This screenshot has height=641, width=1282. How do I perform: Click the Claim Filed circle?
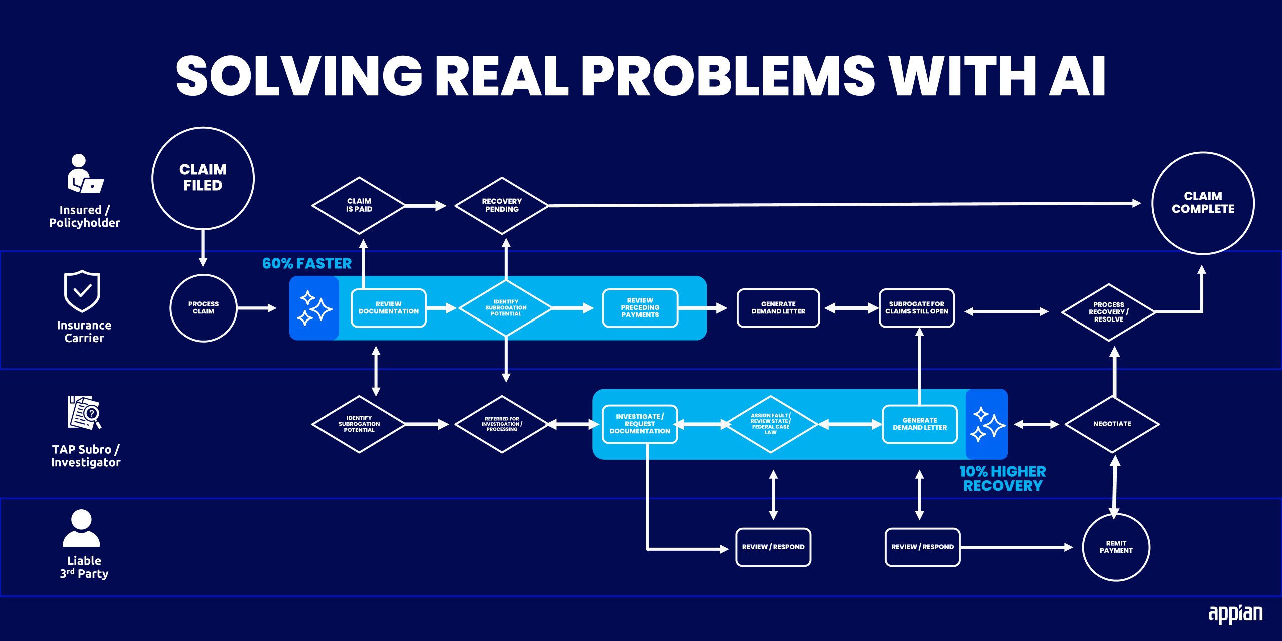tap(203, 178)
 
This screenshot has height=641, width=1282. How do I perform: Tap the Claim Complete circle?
tap(1203, 203)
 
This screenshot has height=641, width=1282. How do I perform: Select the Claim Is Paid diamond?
tap(359, 205)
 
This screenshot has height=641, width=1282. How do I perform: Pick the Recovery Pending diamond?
tap(502, 205)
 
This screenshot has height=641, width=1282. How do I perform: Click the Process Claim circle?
tap(203, 308)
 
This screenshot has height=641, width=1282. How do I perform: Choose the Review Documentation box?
tap(389, 308)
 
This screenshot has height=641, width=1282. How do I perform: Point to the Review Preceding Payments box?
tap(640, 308)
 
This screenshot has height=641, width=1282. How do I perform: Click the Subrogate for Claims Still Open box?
tap(917, 308)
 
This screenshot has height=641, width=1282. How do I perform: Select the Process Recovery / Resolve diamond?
tap(1108, 312)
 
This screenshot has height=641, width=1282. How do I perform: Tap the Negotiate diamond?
tap(1112, 424)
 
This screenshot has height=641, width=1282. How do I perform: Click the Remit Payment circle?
tap(1116, 547)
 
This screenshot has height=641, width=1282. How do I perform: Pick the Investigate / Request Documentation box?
tap(639, 424)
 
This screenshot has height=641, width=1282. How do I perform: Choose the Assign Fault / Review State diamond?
tap(771, 424)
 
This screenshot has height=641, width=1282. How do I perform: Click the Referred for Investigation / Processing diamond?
tap(502, 424)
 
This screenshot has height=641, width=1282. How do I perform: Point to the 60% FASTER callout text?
tap(306, 264)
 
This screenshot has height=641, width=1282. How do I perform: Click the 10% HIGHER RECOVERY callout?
tap(1003, 479)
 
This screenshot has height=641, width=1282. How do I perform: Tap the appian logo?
tap(1235, 614)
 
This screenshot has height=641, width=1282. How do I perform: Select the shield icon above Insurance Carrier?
tap(82, 291)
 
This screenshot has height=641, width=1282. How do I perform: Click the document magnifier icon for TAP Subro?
tap(84, 413)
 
